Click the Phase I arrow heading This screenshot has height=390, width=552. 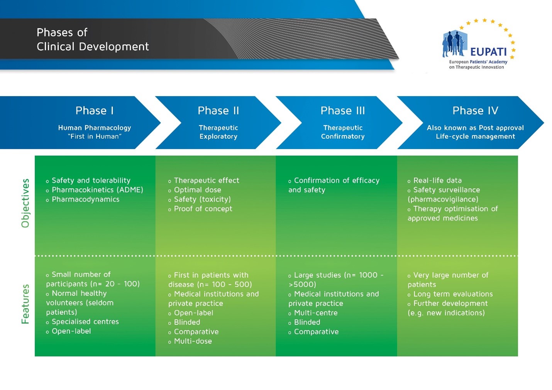coord(95,111)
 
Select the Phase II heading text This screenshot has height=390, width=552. coord(218,111)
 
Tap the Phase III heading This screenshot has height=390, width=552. coord(342,111)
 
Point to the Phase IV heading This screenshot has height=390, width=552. coord(475,111)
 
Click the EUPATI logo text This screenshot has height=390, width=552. coord(488,52)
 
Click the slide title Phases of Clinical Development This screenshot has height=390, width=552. coord(92,39)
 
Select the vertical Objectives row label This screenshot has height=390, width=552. coord(25,203)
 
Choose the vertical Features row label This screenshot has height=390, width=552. coord(25,304)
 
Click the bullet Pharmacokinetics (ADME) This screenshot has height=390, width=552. coord(97,190)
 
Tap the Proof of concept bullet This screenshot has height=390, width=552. coord(203,209)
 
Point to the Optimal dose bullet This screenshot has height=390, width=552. coord(197,190)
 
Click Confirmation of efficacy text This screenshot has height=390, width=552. coord(336,181)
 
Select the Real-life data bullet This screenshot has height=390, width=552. coord(437,181)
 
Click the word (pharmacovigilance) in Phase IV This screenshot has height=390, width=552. coord(443,199)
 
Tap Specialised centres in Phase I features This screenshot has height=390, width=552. coord(85,322)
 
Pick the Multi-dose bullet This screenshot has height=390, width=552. coord(193,341)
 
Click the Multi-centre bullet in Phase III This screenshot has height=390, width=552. coord(315,313)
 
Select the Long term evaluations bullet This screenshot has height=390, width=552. coord(453,294)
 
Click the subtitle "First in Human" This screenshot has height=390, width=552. coord(95,137)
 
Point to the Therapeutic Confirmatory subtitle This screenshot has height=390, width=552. coord(342,132)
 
